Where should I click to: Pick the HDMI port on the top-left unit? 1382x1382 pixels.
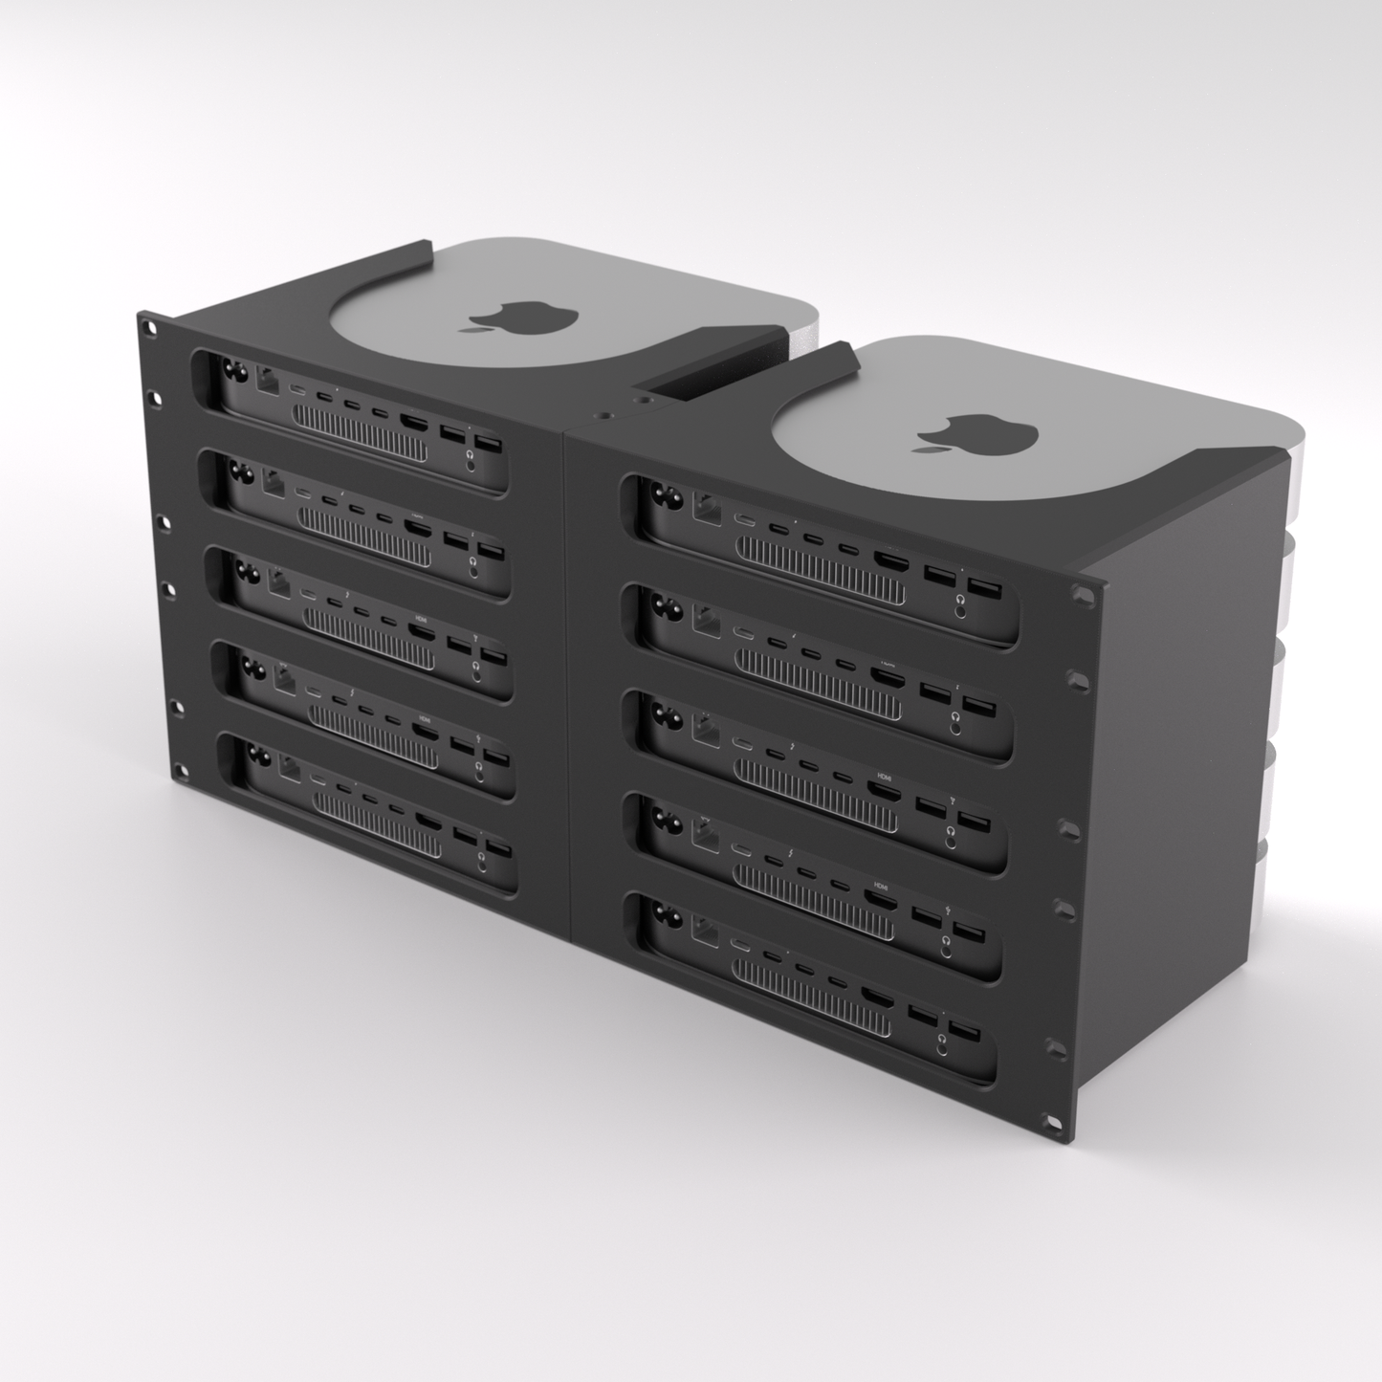414,423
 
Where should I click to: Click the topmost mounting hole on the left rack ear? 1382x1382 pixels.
149,327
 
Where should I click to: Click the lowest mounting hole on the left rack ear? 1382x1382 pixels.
178,765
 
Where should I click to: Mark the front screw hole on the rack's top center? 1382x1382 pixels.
604,418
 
